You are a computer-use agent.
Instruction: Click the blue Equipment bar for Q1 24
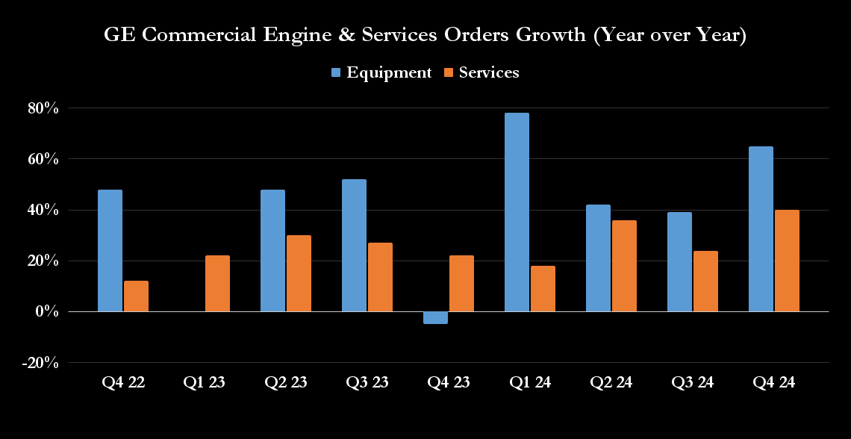(517, 212)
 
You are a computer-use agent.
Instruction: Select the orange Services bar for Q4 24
(787, 261)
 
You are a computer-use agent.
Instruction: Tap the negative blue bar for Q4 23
(435, 317)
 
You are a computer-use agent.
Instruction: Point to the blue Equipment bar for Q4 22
(110, 250)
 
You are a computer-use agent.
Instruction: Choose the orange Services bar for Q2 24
(624, 266)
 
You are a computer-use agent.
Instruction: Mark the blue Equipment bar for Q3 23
(354, 245)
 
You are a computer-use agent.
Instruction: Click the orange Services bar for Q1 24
(543, 288)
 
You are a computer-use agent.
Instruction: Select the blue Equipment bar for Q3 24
(679, 261)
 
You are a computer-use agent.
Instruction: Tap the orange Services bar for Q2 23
(299, 273)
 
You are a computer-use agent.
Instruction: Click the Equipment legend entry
(381, 72)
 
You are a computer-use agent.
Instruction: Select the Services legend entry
(481, 72)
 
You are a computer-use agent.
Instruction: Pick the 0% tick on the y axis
(48, 311)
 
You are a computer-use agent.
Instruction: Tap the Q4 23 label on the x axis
(448, 383)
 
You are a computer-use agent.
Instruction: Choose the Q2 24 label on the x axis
(611, 383)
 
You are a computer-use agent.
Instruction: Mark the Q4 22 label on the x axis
(122, 383)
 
